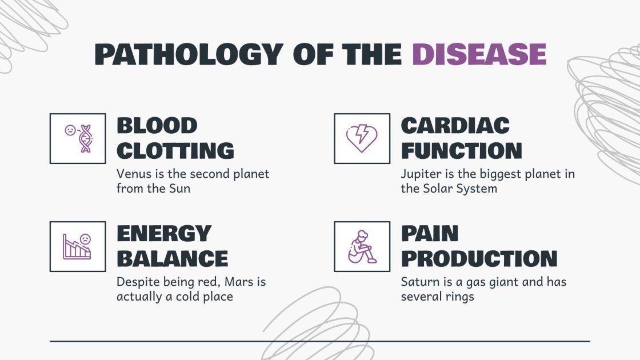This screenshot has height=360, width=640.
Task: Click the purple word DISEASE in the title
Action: pos(479,54)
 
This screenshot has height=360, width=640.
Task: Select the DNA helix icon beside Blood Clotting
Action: pos(85,138)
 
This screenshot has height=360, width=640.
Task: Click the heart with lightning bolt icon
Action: pos(362,138)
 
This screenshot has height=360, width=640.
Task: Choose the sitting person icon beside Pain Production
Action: pos(362,246)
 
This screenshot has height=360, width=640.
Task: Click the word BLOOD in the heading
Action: pos(157,126)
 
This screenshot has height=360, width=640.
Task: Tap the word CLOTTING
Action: pos(175,151)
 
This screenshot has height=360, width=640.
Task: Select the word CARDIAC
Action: pos(455,126)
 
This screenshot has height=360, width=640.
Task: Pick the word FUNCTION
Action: pos(461,151)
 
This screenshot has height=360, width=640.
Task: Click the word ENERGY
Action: pos(164,234)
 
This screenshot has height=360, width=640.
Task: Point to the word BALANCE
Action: pos(172,259)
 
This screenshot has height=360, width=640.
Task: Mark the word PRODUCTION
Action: pos(479,259)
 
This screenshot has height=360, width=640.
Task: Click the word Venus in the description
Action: pos(132,173)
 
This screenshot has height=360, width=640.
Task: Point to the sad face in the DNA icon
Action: pos(70,130)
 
